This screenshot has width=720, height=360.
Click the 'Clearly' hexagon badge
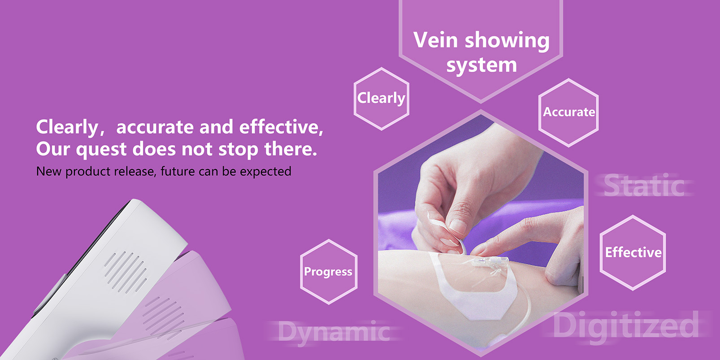(381, 99)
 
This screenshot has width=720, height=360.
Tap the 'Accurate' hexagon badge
(568, 113)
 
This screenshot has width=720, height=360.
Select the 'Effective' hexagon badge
(633, 253)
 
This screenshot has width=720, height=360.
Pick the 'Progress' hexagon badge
(329, 272)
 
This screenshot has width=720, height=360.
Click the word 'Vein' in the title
(435, 40)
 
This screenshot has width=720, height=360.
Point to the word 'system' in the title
(481, 65)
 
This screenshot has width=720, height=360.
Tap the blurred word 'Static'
(644, 185)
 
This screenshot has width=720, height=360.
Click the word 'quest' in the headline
(101, 149)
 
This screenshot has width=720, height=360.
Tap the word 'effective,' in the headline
(281, 127)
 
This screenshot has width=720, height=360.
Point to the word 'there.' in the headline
(290, 149)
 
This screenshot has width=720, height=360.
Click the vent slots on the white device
(126, 272)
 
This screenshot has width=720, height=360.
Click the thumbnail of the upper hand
(457, 226)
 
